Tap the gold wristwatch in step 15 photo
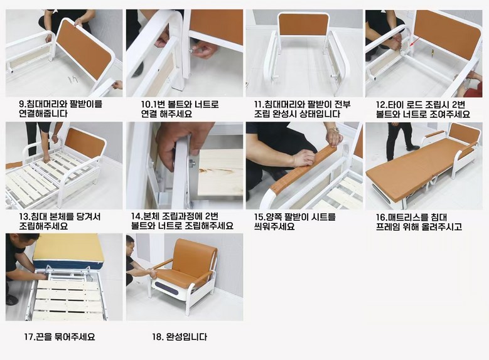tap(335, 129)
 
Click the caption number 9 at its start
tap(22, 103)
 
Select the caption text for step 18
tap(180, 337)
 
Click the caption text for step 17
tap(60, 337)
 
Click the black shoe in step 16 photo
tap(412, 148)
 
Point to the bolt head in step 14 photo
tap(191, 162)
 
